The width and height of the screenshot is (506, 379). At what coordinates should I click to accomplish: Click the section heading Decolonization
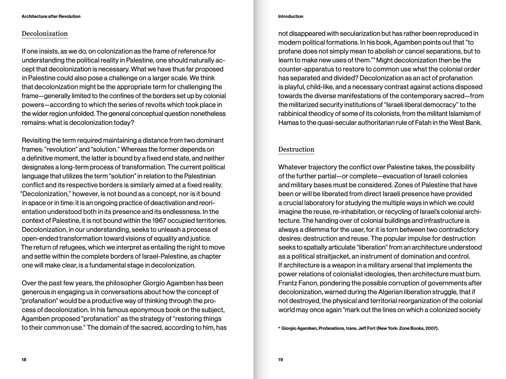(45, 34)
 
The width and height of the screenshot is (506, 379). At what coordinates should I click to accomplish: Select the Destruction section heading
(296, 149)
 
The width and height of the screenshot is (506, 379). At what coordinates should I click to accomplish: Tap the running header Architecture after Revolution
(51, 16)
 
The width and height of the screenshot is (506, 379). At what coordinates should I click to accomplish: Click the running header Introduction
(290, 16)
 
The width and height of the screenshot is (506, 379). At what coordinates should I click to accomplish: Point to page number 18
(24, 360)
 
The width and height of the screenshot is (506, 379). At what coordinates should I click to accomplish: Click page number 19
(281, 360)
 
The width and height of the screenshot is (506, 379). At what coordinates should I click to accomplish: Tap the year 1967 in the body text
(159, 221)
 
